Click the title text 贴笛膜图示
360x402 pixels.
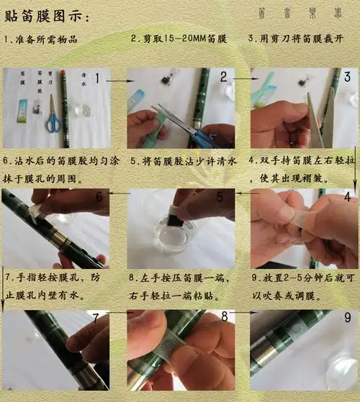point(48,15)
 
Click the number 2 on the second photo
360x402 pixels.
point(224,76)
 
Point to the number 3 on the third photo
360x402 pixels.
point(347,76)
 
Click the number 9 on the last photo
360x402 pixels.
point(347,317)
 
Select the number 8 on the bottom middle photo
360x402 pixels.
point(224,317)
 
